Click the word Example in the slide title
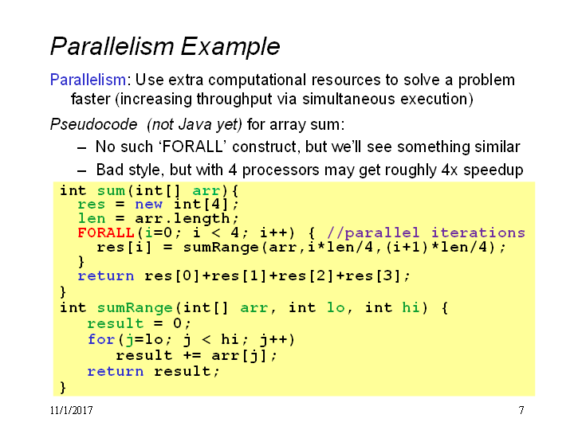(230, 47)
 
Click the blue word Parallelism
(88, 80)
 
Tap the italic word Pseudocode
(94, 125)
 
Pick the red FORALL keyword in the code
(106, 233)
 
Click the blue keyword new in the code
(148, 204)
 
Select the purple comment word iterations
(478, 233)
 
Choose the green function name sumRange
(135, 308)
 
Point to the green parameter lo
(336, 307)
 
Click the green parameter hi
(411, 307)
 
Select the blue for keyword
(102, 339)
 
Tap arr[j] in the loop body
(240, 355)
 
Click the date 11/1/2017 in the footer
(72, 410)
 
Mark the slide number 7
(521, 410)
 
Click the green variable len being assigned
(92, 218)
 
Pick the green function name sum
(111, 190)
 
